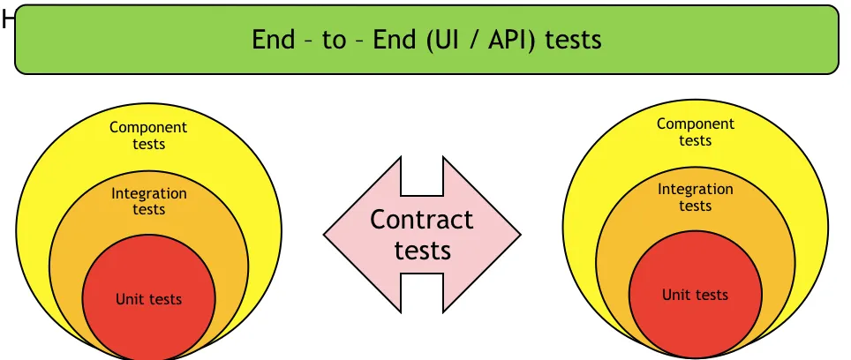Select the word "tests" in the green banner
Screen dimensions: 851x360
[573, 40]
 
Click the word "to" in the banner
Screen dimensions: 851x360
[335, 41]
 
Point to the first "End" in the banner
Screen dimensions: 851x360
[273, 40]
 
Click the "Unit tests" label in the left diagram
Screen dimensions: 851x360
[148, 299]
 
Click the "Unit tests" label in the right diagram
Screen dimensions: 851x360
[696, 295]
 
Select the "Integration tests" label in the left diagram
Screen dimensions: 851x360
[148, 201]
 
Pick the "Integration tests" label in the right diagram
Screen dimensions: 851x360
[696, 198]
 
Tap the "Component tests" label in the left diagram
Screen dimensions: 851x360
[148, 136]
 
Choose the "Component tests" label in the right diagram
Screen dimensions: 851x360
[696, 131]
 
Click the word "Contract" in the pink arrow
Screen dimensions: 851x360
[422, 220]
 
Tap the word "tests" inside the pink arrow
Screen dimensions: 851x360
[423, 251]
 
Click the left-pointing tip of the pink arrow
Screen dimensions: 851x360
[324, 235]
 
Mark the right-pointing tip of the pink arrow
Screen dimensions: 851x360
[521, 235]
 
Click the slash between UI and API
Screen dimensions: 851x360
[471, 40]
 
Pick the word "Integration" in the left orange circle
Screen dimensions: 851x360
[148, 193]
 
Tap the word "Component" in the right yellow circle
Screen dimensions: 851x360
[696, 124]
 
